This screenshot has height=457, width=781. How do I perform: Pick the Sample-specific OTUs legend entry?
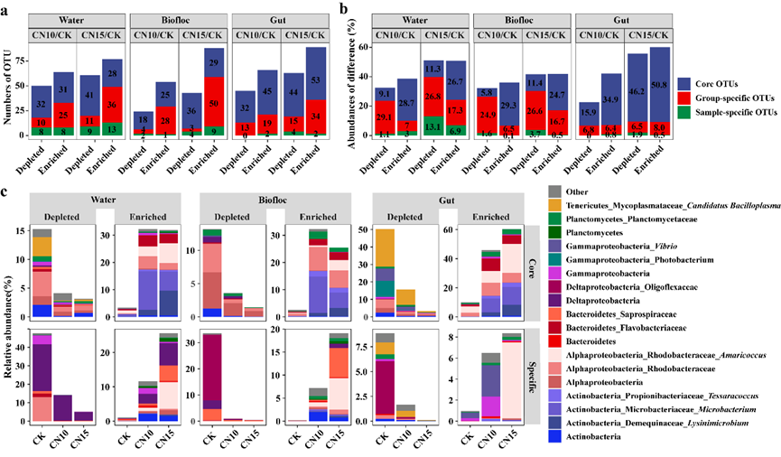click(x=728, y=113)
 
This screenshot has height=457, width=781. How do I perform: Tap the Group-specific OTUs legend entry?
click(x=726, y=98)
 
